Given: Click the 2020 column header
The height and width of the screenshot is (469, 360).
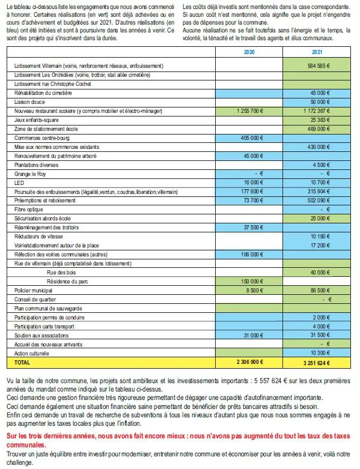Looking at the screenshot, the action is tap(249, 52).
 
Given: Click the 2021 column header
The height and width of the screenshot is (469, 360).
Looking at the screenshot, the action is tap(317, 52).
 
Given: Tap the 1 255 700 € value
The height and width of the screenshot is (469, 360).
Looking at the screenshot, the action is tap(250, 111).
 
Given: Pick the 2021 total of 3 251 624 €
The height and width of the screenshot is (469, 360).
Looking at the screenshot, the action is tap(317, 363).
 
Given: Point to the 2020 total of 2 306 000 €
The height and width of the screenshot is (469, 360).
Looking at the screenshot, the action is tap(250, 362).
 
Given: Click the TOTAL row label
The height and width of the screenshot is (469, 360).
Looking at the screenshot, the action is tap(22, 363).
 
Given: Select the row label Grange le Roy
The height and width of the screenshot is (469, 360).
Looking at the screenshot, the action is tap(30, 174).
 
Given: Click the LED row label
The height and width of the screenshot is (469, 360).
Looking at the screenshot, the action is tap(19, 183).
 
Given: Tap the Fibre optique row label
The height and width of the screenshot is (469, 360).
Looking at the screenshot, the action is tap(29, 210).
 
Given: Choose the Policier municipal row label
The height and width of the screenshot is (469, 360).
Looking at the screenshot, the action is tap(33, 291).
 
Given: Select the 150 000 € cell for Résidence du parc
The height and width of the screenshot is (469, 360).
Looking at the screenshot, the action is tap(252, 282).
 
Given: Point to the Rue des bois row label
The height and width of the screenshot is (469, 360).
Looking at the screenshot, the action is tap(61, 273).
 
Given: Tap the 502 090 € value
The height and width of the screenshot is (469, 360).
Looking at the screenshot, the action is tap(319, 201).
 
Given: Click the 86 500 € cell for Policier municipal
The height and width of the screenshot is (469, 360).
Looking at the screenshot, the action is tap(320, 291).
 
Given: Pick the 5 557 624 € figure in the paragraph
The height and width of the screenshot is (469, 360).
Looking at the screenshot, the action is tap(271, 381).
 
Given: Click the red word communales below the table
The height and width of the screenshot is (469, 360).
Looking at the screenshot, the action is tap(26, 445).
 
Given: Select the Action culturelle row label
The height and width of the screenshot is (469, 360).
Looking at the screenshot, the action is tap(32, 354).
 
